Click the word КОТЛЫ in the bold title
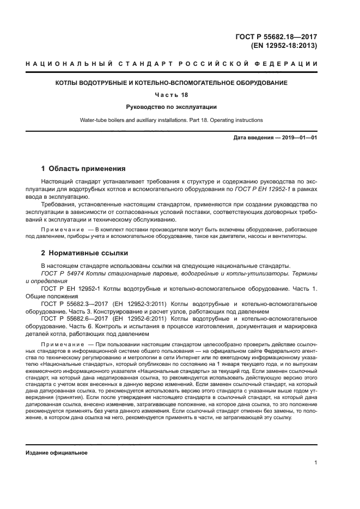pyautogui.click(x=70, y=83)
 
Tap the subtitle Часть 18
pyautogui.click(x=172, y=95)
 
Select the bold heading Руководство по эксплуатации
pyautogui.click(x=172, y=107)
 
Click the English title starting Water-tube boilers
pyautogui.click(x=172, y=120)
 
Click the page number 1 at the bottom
pyautogui.click(x=315, y=463)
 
